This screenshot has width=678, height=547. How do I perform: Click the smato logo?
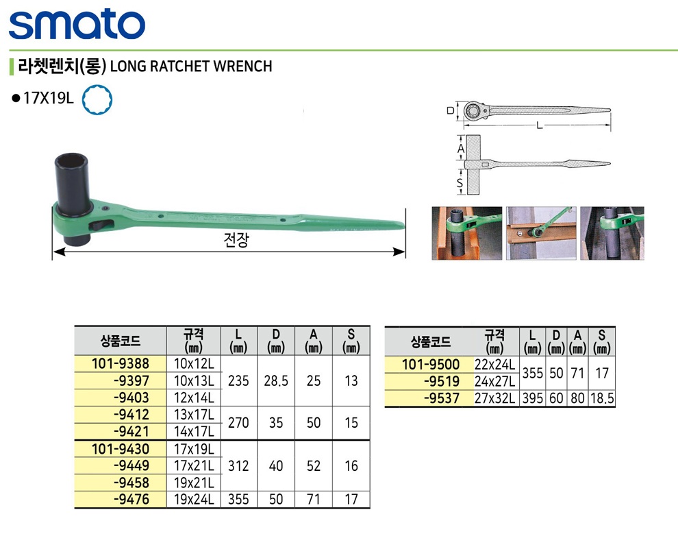point(77,24)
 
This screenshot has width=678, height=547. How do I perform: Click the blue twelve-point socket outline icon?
point(97,99)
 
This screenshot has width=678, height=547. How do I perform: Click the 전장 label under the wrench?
point(236,239)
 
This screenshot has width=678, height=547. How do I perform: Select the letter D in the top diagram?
point(450,111)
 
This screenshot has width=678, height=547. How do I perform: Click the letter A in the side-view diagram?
point(461,149)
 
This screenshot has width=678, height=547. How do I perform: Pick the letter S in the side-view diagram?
point(460,183)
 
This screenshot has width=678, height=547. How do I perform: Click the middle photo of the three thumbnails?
point(541,233)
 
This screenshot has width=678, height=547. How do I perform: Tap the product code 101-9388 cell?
point(121,363)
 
